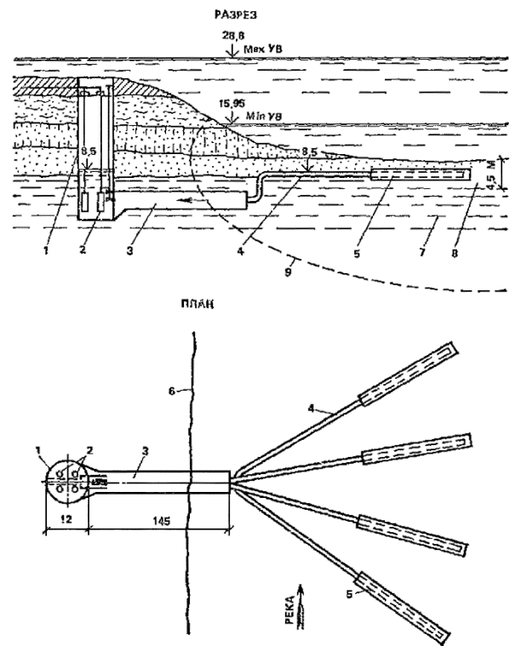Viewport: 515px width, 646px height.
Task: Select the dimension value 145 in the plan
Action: (159, 517)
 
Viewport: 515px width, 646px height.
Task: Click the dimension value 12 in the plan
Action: (63, 517)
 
